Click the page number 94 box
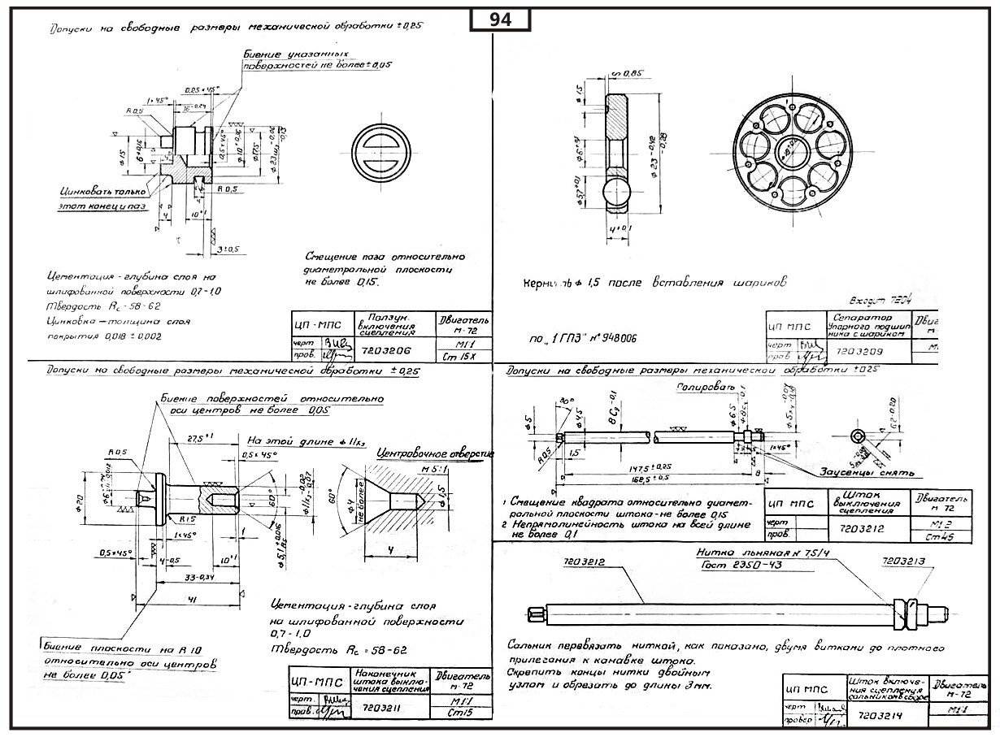coord(500,20)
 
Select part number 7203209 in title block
coord(859,350)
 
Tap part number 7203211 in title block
coord(385,708)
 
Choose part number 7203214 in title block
coord(879,717)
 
